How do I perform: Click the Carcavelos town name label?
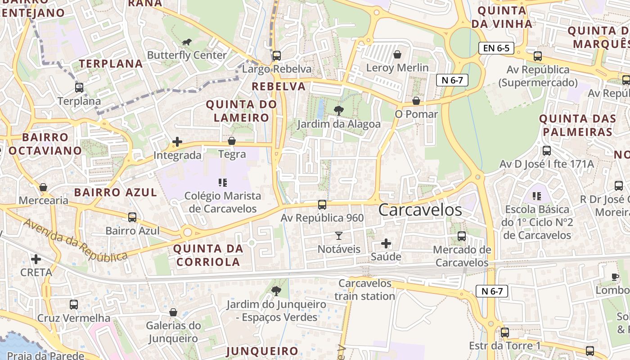[x=420, y=210]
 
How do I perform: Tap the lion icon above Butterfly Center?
[x=186, y=42]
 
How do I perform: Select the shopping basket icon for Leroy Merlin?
[x=397, y=55]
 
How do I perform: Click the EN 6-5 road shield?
[x=496, y=48]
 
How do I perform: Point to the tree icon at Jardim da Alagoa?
[x=338, y=110]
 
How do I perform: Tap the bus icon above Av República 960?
[x=322, y=204]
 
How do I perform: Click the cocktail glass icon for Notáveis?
[x=339, y=235]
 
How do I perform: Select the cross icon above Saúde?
[x=386, y=243]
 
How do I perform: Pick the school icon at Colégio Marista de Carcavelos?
[x=222, y=182]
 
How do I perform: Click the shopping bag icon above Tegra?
[x=232, y=141]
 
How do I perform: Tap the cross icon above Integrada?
[x=177, y=142]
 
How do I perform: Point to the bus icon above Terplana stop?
[x=79, y=87]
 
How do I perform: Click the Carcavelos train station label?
[x=365, y=290]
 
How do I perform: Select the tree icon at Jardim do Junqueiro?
[x=276, y=291]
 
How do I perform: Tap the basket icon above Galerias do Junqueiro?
[x=173, y=312]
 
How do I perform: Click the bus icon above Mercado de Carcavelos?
[x=461, y=236]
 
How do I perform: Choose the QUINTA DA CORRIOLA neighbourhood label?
[x=208, y=255]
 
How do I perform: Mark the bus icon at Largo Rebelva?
[x=277, y=55]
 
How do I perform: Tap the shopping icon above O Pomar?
[x=416, y=100]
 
